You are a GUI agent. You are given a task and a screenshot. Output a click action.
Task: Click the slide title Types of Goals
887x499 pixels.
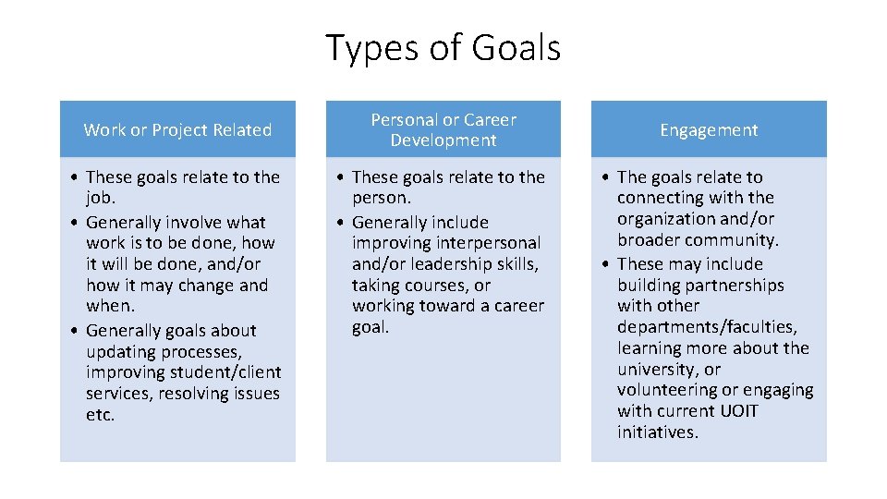(x=443, y=48)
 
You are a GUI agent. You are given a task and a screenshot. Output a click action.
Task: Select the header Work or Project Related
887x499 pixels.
(x=177, y=130)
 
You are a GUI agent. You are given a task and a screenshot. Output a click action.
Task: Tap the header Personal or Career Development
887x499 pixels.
(x=443, y=130)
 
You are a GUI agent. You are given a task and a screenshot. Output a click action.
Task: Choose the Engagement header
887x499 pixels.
(x=709, y=130)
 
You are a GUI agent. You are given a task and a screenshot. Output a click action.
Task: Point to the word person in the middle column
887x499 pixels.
(x=380, y=198)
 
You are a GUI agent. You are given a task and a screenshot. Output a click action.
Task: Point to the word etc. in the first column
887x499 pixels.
(x=100, y=415)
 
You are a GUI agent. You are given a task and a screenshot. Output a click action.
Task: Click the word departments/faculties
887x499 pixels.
(x=707, y=327)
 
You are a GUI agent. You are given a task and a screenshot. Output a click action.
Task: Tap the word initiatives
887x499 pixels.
(x=657, y=432)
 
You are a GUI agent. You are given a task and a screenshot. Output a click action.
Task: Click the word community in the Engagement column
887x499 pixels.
(x=730, y=240)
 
